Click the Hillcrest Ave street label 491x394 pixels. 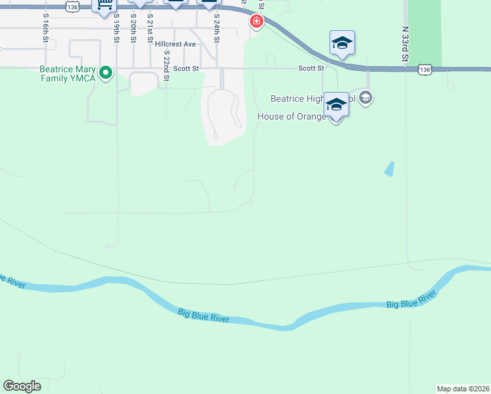tap(176, 44)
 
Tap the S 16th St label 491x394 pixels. tap(45, 28)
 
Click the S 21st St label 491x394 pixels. tap(150, 28)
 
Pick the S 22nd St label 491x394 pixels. tap(167, 66)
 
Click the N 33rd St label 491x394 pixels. tap(406, 45)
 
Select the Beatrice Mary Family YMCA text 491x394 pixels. tap(68, 74)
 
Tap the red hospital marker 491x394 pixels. tap(255, 22)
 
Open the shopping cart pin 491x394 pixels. tap(104, 5)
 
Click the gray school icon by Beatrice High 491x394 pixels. tap(366, 98)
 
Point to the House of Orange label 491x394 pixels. tap(291, 117)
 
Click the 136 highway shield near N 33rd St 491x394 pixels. tap(425, 69)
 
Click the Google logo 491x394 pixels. tap(22, 386)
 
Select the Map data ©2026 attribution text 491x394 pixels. tap(463, 389)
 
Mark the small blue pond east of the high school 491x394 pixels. tap(390, 169)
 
